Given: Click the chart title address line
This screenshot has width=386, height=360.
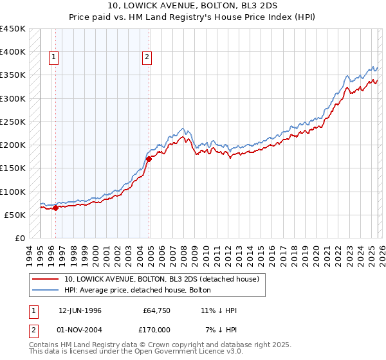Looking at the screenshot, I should [192, 6].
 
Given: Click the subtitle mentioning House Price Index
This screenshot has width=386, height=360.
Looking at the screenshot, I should [192, 17].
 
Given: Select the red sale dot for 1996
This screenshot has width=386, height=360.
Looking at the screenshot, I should [55, 208].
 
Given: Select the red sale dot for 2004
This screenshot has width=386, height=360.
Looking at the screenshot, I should [149, 159].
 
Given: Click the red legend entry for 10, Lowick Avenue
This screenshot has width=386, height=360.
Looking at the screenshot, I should [161, 279].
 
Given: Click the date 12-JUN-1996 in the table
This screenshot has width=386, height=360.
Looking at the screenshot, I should [80, 310].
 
